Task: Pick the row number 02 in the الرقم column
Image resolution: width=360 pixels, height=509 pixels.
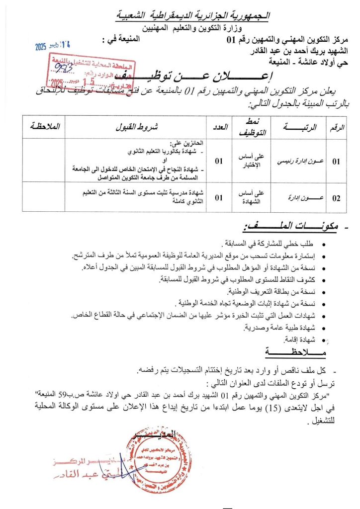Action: [336, 198]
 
